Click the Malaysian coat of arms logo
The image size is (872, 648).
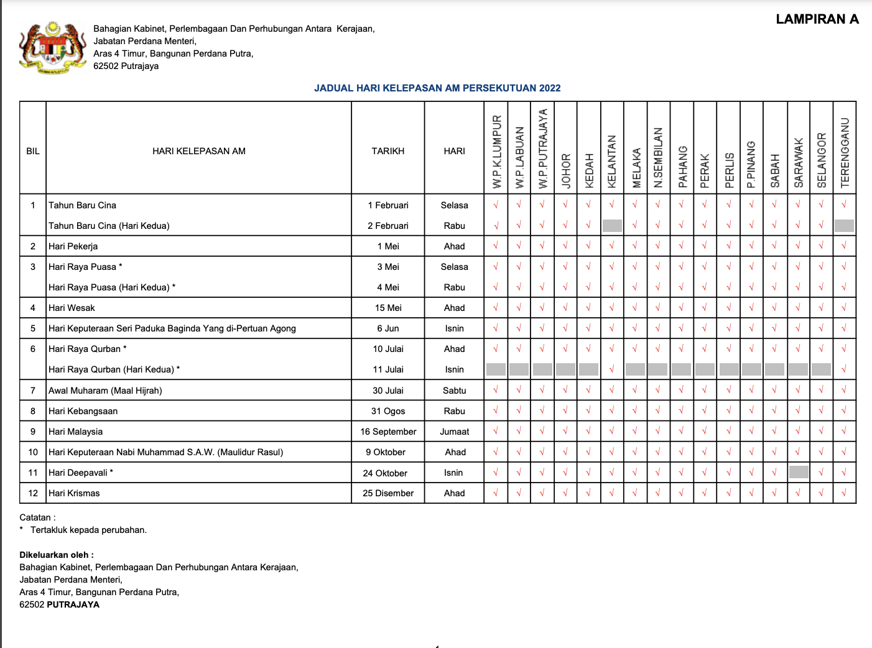(52, 47)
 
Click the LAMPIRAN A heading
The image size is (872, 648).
(817, 19)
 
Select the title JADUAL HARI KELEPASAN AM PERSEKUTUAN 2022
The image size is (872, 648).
(437, 88)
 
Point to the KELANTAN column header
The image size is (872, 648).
(612, 162)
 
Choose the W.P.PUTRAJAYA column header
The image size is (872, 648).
(542, 149)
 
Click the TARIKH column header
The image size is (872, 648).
(388, 151)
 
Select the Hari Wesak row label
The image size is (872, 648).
(72, 308)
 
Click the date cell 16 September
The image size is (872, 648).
(388, 432)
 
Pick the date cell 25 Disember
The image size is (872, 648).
(388, 493)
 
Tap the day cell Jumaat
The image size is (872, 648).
(455, 432)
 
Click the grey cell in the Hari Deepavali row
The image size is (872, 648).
(799, 473)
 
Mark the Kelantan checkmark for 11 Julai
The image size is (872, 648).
(612, 369)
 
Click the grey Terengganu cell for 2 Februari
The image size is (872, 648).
(844, 226)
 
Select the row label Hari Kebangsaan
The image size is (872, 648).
(83, 411)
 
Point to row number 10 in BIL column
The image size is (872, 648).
(33, 452)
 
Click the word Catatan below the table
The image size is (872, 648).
(35, 517)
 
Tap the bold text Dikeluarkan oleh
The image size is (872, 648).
(57, 555)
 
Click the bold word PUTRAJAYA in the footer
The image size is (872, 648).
(73, 604)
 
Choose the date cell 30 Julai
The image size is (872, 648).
(388, 391)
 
